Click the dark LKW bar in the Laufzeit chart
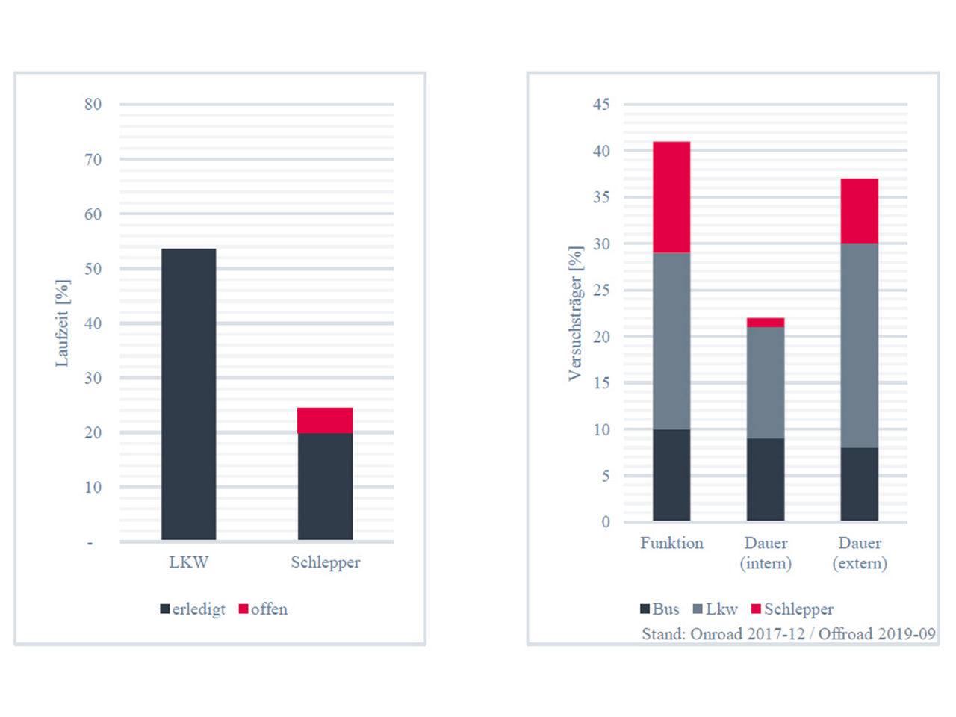[x=188, y=394]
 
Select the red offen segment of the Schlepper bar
[x=325, y=420]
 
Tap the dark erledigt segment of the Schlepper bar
[x=325, y=486]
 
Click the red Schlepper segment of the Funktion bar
[x=671, y=197]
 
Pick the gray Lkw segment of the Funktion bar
[x=671, y=341]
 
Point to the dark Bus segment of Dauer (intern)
[x=766, y=479]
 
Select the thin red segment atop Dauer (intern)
[x=766, y=323]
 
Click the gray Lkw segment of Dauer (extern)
[x=859, y=346]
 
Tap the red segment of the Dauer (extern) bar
[x=859, y=211]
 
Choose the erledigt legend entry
[x=193, y=609]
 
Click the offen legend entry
[x=263, y=609]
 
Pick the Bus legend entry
[x=659, y=609]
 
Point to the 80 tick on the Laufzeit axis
[x=93, y=105]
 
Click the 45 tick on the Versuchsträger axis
[x=601, y=105]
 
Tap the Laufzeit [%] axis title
[x=62, y=323]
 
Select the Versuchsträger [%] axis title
[x=575, y=314]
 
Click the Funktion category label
[x=671, y=544]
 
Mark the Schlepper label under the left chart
[x=325, y=562]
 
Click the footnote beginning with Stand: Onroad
[x=788, y=634]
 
